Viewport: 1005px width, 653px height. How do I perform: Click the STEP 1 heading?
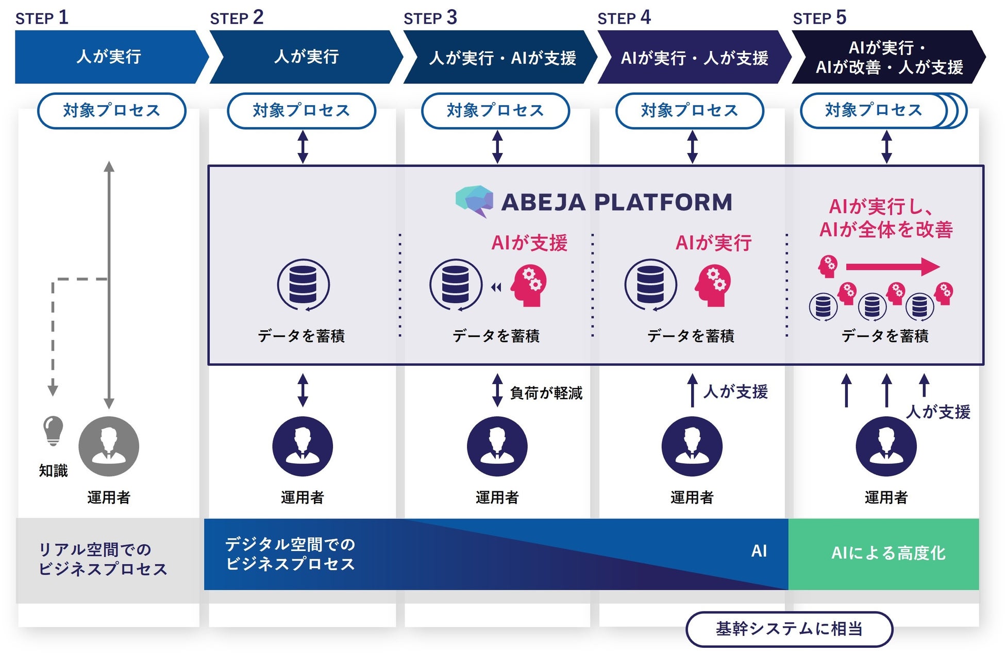[42, 18]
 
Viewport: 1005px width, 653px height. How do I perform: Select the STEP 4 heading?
[624, 18]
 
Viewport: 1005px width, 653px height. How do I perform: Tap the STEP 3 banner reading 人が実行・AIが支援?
[502, 58]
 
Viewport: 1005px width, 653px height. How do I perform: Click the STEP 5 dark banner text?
[889, 57]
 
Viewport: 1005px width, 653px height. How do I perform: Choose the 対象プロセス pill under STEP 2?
[301, 111]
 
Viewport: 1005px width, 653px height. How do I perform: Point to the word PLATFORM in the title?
[663, 202]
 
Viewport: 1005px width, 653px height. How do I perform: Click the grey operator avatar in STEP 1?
[109, 446]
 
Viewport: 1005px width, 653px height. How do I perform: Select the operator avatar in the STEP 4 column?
[692, 446]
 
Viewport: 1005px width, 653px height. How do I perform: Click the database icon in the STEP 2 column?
[303, 285]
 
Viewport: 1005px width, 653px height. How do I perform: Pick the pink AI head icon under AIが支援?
[529, 285]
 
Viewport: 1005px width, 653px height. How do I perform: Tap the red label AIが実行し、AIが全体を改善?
[886, 218]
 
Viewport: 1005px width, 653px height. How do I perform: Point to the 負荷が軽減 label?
[546, 393]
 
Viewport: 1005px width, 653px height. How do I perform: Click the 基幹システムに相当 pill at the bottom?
[789, 629]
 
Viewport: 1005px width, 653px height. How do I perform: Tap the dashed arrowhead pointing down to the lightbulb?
[53, 389]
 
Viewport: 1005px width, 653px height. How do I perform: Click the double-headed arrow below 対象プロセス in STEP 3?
[497, 147]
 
